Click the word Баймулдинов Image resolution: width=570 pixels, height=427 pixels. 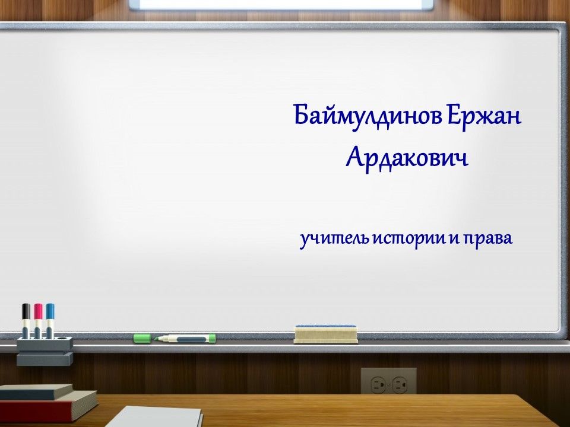[368, 116]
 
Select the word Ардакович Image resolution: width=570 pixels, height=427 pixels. [407, 159]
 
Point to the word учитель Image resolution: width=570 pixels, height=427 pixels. [334, 239]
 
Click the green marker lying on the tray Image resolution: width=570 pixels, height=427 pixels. [185, 339]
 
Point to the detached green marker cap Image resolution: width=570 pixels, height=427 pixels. [142, 338]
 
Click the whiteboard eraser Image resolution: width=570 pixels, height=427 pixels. [326, 334]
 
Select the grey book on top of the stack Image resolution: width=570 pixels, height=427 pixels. [36, 392]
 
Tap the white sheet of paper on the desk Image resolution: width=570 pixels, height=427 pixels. [154, 416]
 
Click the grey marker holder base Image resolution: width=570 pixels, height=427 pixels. [45, 350]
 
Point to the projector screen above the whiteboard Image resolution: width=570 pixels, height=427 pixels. [281, 5]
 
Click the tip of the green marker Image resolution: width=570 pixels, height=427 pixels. [155, 339]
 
